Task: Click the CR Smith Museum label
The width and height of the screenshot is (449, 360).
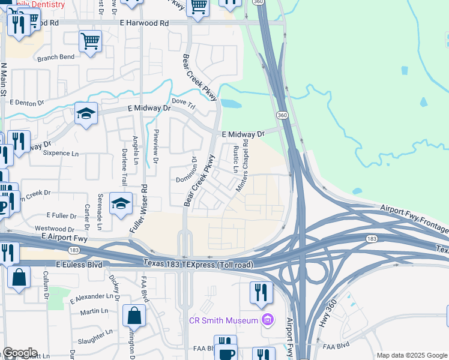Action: coord(224,320)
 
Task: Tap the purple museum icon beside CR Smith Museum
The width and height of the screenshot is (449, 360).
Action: coord(267,320)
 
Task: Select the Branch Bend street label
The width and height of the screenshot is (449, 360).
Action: coord(56,58)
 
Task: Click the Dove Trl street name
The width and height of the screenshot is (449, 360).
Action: coord(184,103)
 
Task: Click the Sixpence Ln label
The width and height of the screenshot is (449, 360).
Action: coord(61,154)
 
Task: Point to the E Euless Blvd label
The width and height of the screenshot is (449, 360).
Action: coord(79,264)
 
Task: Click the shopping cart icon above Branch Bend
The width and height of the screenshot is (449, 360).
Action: coord(90,41)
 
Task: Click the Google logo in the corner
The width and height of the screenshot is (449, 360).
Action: coord(19,353)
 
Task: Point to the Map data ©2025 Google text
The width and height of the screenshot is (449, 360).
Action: coord(412,355)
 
